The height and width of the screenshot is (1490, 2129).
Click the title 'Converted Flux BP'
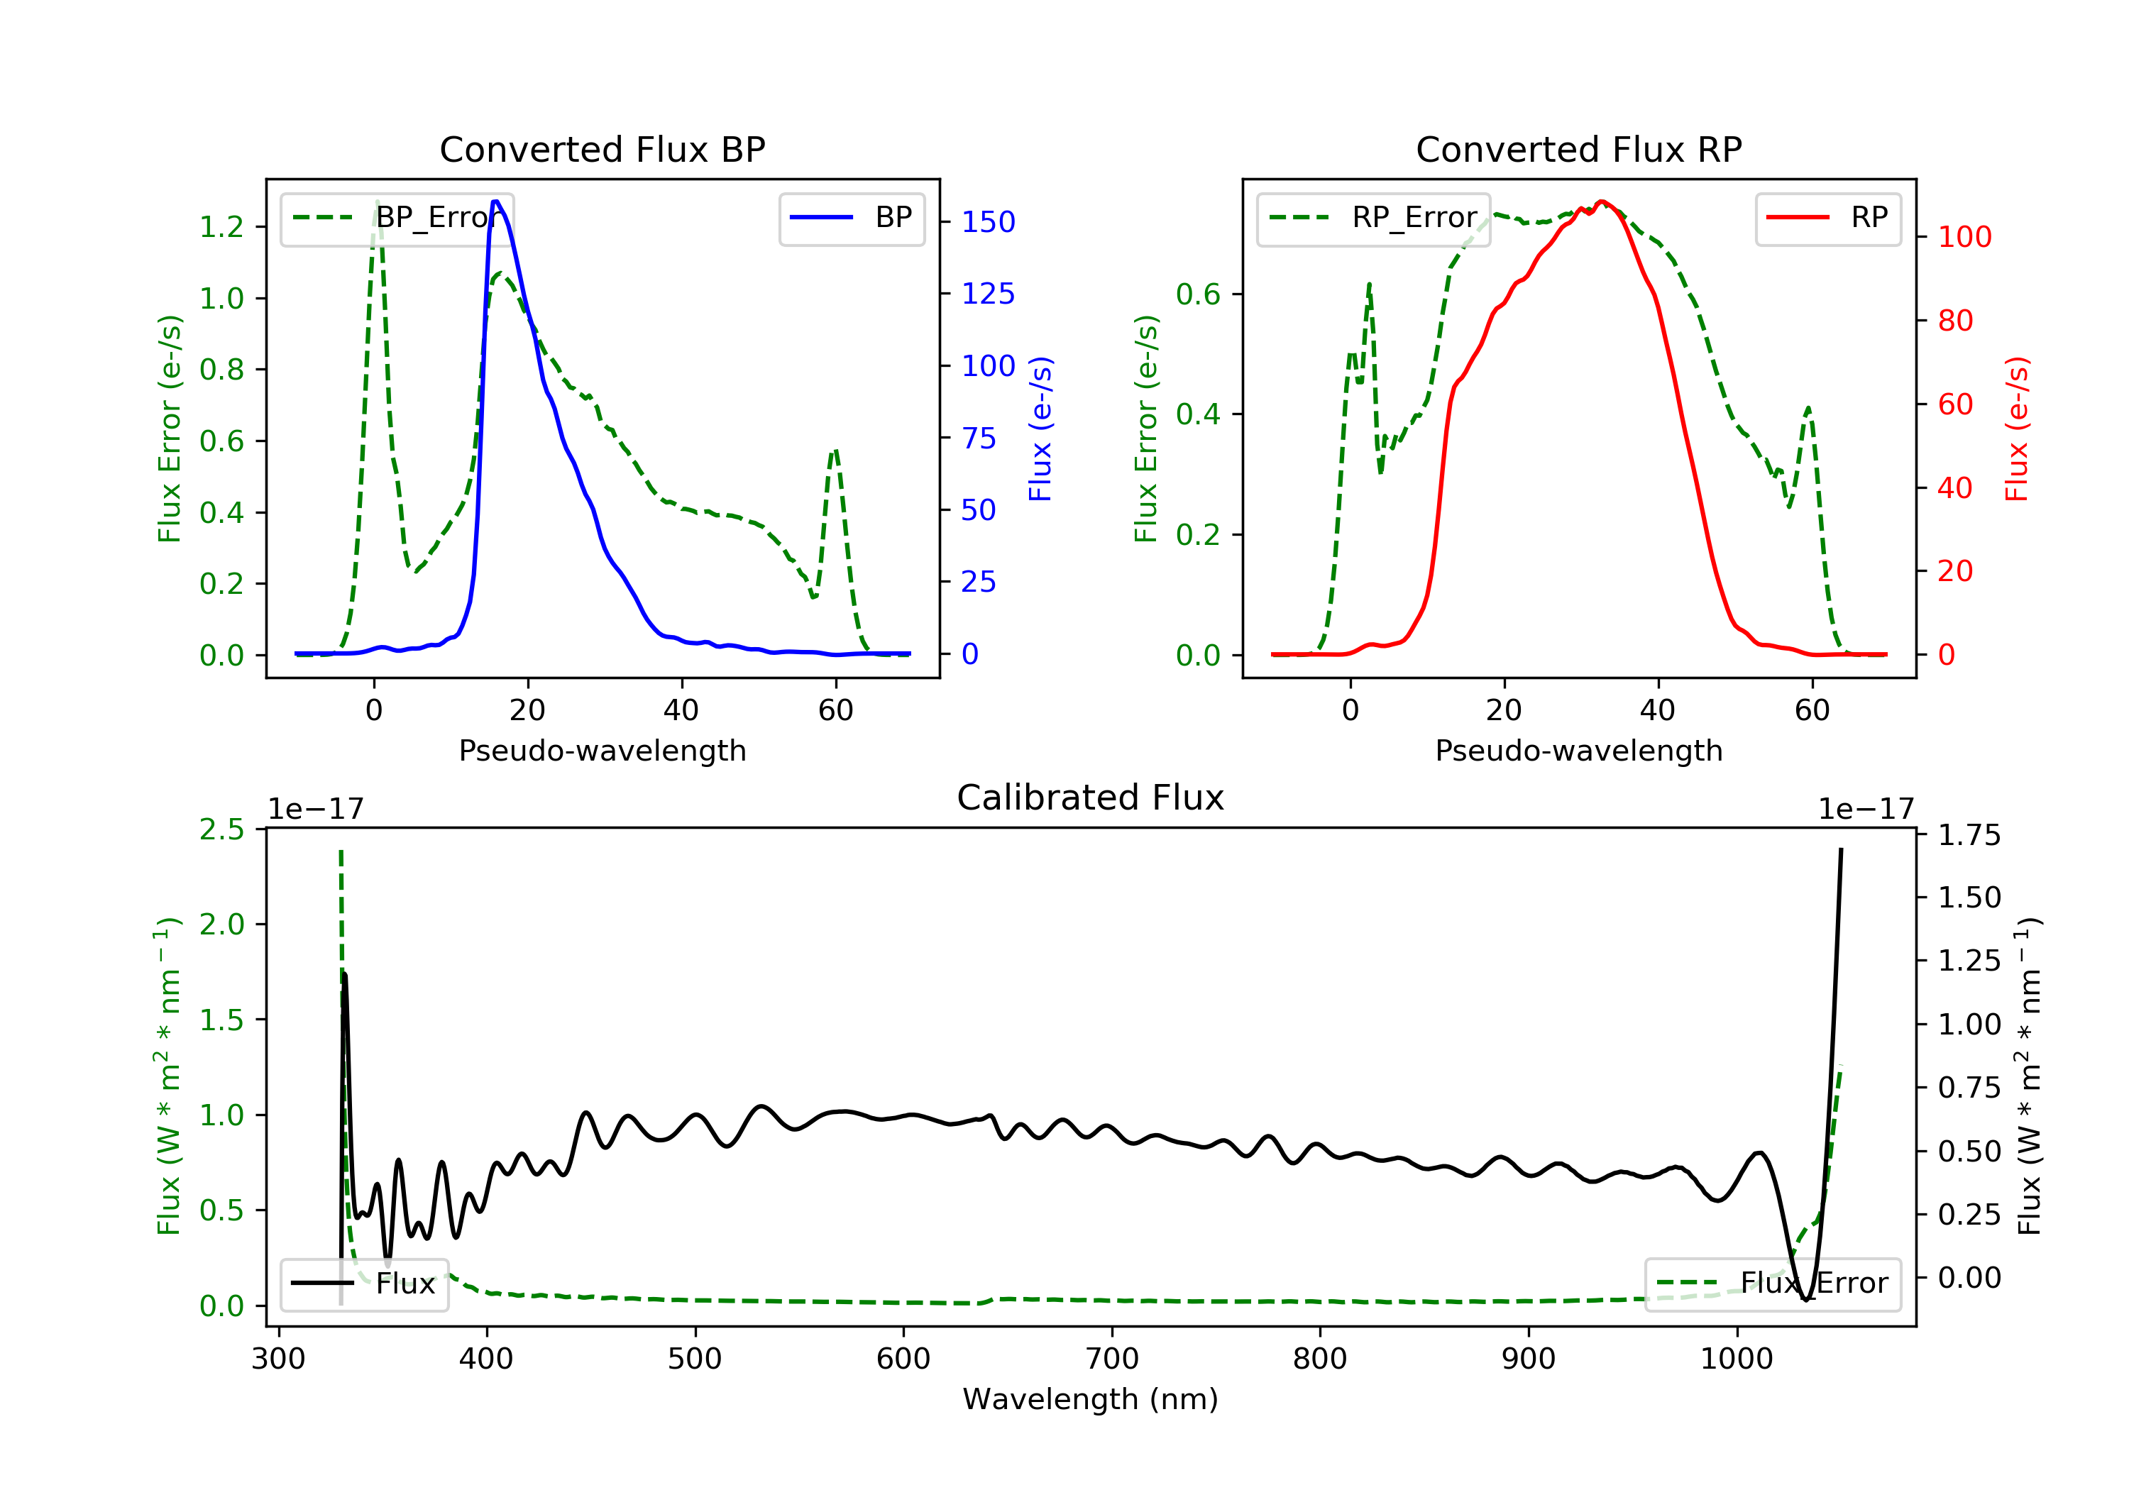coord(602,149)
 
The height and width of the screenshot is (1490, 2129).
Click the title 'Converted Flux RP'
coord(1578,149)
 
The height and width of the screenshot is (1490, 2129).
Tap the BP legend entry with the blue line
coord(851,218)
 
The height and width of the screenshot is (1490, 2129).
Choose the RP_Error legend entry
coord(1372,218)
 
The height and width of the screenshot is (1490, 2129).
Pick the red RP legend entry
coord(1827,218)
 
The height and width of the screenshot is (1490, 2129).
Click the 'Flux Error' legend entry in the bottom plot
coord(1772,1284)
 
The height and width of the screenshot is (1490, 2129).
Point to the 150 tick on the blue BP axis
coord(988,221)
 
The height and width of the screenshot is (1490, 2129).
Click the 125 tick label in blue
coord(988,294)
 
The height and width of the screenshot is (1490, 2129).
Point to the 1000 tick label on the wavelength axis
coord(1736,1359)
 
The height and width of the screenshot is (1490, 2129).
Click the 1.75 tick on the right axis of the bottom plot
coord(1969,835)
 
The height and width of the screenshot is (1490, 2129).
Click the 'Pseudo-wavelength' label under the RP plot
coord(1578,750)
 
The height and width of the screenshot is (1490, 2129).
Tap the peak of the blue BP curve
coord(496,202)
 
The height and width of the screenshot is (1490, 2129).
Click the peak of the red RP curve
coord(1602,202)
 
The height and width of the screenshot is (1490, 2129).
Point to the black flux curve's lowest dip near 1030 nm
coord(1806,1299)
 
